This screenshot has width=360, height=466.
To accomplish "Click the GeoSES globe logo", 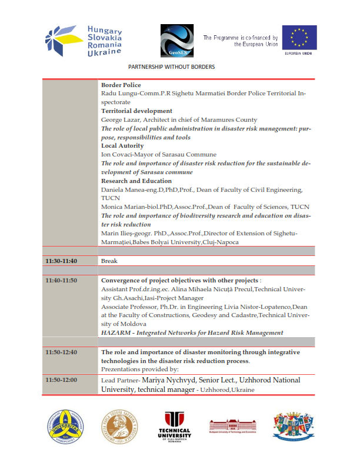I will click(x=177, y=39).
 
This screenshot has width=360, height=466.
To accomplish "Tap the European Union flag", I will click(x=299, y=37).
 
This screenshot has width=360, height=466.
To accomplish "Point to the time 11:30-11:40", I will click(x=61, y=261).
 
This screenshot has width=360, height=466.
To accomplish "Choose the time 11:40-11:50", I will click(x=61, y=280).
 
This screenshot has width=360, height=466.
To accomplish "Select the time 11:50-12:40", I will click(x=61, y=351).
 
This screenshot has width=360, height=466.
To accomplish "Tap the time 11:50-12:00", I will click(x=61, y=380).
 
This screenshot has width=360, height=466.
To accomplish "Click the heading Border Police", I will click(x=121, y=85).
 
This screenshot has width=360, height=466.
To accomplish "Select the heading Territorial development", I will click(x=136, y=111).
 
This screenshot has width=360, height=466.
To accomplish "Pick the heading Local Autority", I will click(x=122, y=145).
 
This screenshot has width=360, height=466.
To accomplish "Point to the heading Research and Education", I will click(x=136, y=181).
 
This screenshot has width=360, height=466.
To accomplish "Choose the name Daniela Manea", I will click(x=124, y=189).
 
